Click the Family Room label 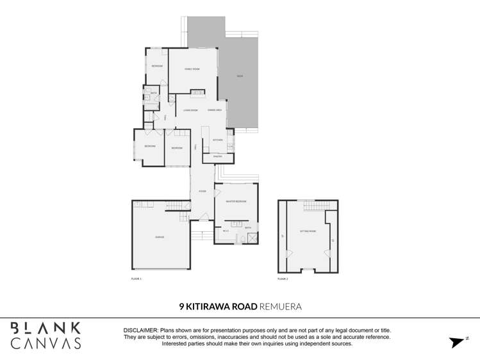pos(192,69)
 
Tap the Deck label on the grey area pos(239,76)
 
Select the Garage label pos(160,237)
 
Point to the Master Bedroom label pos(236,202)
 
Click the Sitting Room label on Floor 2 pos(308,231)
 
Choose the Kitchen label pos(218,140)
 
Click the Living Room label pos(190,110)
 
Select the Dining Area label pos(215,110)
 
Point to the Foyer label pos(202,192)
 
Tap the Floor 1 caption pos(136,279)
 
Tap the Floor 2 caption pos(283,279)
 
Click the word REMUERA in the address pos(280,307)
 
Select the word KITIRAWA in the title pos(213,307)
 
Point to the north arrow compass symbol pos(458,342)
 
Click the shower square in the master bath pos(252,238)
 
